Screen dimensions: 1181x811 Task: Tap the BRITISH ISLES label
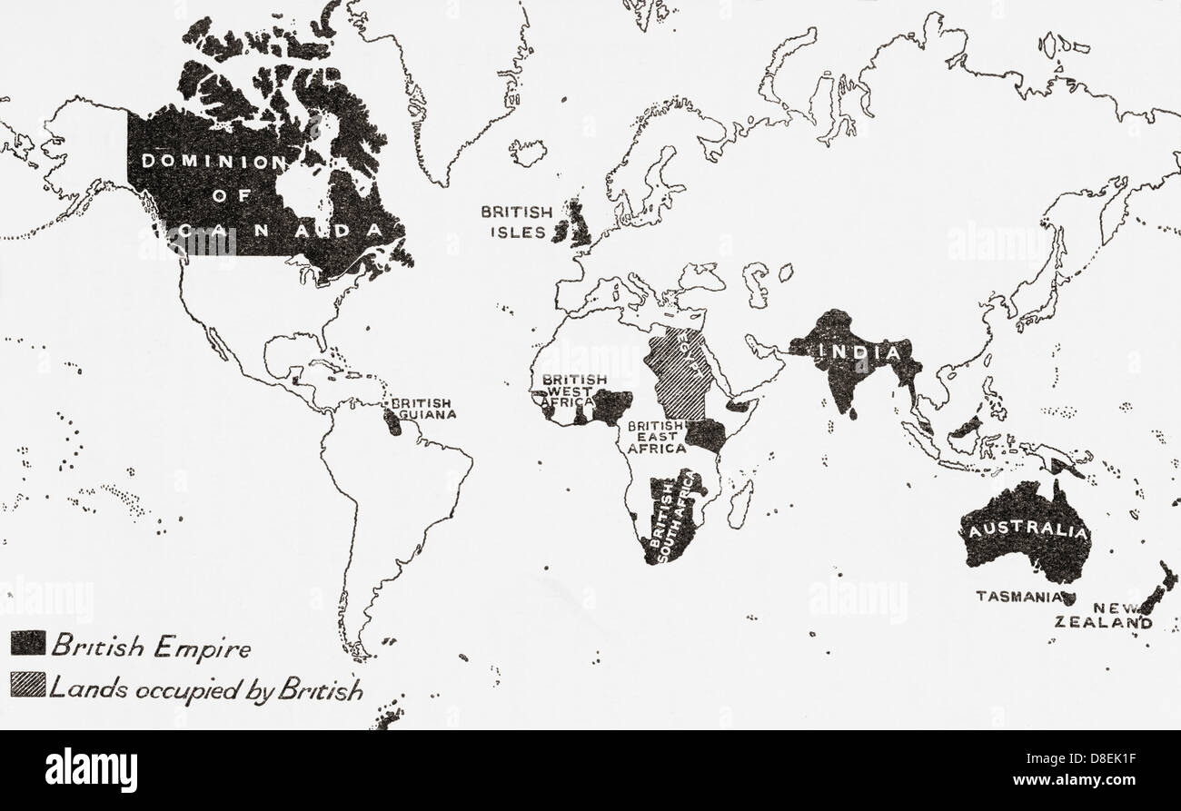click(516, 222)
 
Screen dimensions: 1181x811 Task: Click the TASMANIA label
click(1018, 597)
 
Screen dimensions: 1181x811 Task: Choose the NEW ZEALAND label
click(1104, 616)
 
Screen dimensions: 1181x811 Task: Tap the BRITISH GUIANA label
click(423, 409)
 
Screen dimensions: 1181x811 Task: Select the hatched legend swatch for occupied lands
click(27, 685)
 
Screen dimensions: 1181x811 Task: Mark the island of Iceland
click(527, 151)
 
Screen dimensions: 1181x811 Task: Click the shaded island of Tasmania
click(1068, 599)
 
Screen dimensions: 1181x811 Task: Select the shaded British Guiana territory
click(392, 421)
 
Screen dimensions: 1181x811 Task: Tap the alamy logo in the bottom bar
click(91, 771)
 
